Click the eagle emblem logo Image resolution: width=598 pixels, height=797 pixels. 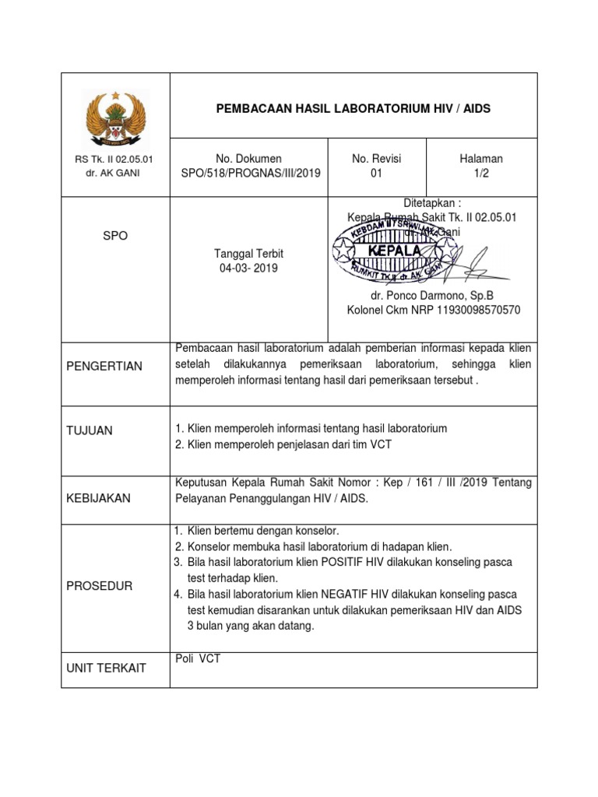114,121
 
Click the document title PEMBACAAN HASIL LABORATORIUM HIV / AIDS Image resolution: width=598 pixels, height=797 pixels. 353,109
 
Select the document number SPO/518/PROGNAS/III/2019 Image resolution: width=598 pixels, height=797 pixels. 249,174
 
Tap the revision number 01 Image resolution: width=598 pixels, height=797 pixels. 376,174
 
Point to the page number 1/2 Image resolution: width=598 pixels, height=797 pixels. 481,174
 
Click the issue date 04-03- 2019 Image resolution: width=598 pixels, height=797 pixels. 249,269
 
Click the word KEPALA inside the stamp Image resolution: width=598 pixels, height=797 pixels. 396,251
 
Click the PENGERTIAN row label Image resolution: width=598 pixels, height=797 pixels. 103,366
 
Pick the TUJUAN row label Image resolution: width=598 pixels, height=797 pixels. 90,430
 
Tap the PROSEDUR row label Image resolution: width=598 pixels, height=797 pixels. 100,585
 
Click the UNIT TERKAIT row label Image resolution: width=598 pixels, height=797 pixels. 107,669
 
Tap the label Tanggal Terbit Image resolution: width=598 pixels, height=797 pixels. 249,254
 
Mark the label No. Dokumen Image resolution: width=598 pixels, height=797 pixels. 249,159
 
